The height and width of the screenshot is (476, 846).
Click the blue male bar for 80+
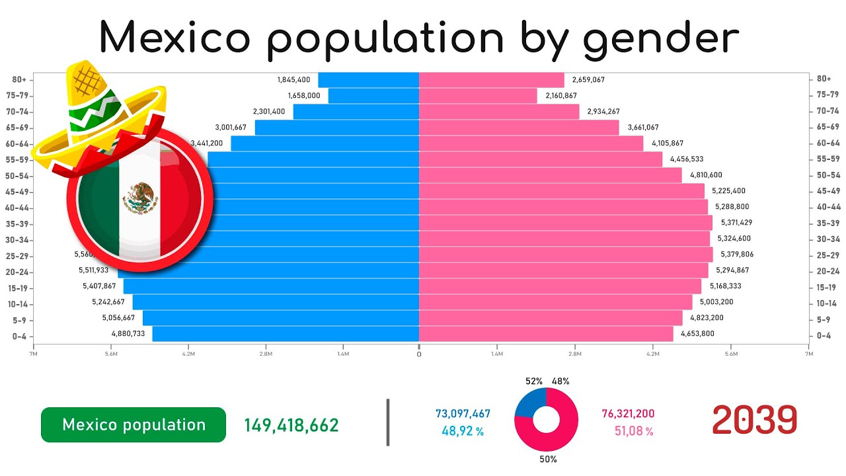coord(368,80)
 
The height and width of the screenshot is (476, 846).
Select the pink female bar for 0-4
coord(546,334)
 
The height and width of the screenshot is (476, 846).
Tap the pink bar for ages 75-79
coord(478,96)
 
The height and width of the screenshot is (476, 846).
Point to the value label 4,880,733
coord(128,334)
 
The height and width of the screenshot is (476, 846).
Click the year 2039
coord(754,419)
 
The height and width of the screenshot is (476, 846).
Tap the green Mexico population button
coord(134,424)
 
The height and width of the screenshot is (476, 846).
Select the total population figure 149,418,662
coord(291,425)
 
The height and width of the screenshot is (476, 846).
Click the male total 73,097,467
coord(463,414)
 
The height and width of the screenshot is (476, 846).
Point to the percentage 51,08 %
coord(628,432)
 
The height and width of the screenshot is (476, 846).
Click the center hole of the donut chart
coord(547,420)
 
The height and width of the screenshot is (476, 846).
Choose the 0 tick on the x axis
coord(419,354)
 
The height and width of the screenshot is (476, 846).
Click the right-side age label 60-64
coord(827,143)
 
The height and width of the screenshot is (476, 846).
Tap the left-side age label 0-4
coord(20,336)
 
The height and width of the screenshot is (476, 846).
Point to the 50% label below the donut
coord(547,459)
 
